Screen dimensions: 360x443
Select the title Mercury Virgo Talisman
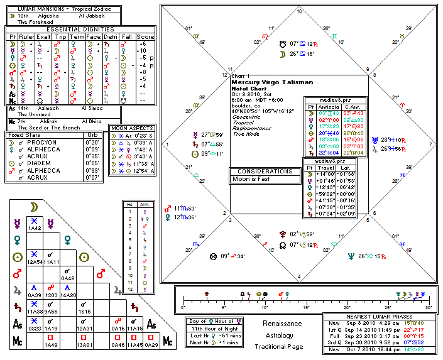266,82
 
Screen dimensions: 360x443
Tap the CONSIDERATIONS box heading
265,171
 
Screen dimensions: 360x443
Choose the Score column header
145,36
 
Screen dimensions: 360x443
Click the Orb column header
92,134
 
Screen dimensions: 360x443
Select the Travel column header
324,166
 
